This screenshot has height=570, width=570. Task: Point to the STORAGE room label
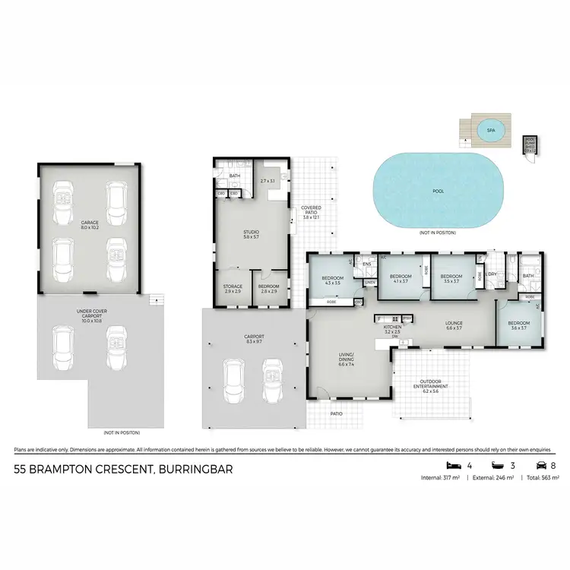[x=233, y=289]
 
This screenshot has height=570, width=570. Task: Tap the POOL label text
[x=439, y=192]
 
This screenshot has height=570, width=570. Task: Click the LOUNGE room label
[x=454, y=325]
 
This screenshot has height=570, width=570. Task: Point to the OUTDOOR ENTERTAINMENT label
[x=430, y=384]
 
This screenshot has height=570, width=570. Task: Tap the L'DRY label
[x=492, y=274]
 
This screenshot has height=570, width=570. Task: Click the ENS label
[x=366, y=264]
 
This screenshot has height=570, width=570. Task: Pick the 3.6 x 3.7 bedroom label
[x=519, y=325]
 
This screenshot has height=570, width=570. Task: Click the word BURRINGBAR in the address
[x=195, y=470]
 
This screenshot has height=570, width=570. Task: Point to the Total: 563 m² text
[x=540, y=479]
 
